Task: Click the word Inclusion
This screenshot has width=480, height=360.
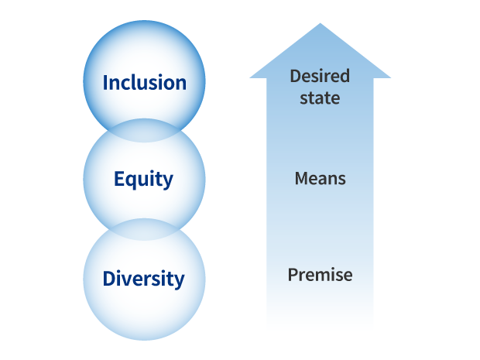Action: click(145, 83)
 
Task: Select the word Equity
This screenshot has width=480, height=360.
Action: click(143, 180)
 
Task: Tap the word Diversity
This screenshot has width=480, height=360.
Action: click(143, 279)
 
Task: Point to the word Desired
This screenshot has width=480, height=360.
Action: click(320, 76)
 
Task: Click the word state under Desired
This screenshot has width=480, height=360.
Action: click(320, 98)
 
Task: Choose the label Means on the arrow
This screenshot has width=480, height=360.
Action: click(320, 179)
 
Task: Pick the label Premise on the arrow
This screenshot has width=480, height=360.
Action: click(320, 275)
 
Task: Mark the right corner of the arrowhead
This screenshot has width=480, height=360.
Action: click(389, 77)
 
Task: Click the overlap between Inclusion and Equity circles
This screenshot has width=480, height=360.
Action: click(145, 131)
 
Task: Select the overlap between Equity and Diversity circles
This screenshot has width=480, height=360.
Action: click(144, 229)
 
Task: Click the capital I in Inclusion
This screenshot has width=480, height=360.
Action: click(105, 82)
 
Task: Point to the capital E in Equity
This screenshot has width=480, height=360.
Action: click(118, 179)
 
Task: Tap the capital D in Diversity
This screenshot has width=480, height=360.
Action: click(108, 278)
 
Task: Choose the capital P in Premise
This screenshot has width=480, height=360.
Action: click(293, 275)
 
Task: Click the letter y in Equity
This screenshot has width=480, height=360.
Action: click(168, 182)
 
